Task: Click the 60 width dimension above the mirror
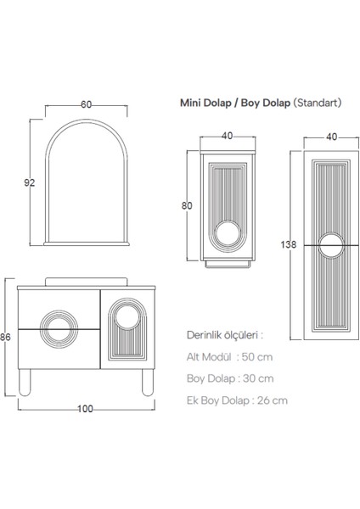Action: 86,104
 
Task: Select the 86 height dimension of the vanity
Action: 7,337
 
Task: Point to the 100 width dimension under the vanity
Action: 85,409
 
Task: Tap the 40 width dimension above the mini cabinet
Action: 227,135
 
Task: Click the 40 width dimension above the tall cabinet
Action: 330,135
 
